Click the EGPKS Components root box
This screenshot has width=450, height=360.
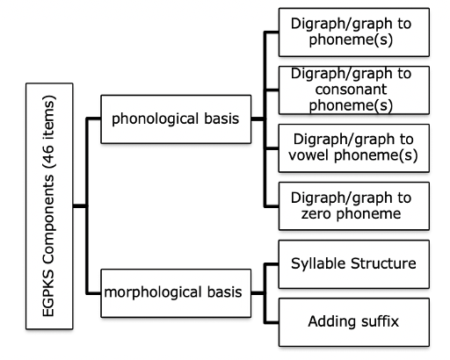point(49,206)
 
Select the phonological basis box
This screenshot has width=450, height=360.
point(176,119)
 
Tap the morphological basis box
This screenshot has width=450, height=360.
point(176,293)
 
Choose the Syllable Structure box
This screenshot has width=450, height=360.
point(354,264)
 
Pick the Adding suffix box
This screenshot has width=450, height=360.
point(354,322)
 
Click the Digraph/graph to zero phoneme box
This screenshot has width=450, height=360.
point(354,206)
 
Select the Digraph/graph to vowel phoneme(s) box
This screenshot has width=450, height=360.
point(354,148)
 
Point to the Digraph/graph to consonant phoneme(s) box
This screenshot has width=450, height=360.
point(354,90)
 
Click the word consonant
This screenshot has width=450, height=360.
point(351,90)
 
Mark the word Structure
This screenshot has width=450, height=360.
point(383,263)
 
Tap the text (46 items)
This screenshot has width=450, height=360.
point(48,132)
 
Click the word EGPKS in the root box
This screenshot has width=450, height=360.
point(48,293)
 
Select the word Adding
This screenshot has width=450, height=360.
point(332,322)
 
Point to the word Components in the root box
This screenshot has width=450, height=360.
point(48,220)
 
